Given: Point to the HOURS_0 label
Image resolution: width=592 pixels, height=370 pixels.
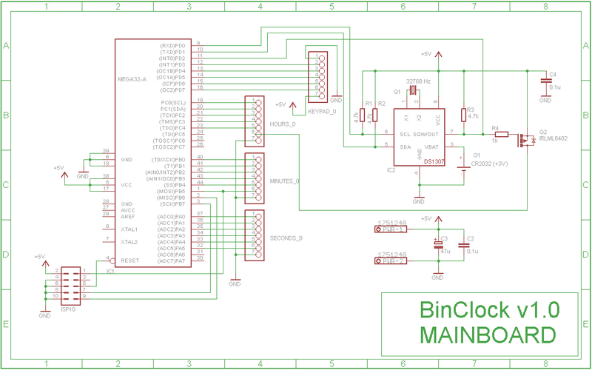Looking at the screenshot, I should [x=283, y=124].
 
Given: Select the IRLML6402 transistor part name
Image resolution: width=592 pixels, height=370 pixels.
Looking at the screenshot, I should [x=554, y=138].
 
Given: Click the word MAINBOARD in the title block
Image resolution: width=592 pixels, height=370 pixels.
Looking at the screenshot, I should [x=488, y=334].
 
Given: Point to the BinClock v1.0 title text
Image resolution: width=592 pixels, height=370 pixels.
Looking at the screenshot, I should [x=488, y=309].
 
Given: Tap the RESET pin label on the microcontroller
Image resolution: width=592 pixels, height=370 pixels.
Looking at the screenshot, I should [x=130, y=260].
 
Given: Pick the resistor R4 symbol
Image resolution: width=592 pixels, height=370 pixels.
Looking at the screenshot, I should [x=501, y=135].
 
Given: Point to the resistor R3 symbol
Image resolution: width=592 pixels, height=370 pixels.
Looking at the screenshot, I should [x=463, y=115].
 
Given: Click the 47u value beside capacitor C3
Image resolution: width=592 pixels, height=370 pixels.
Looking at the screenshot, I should [x=445, y=252].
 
